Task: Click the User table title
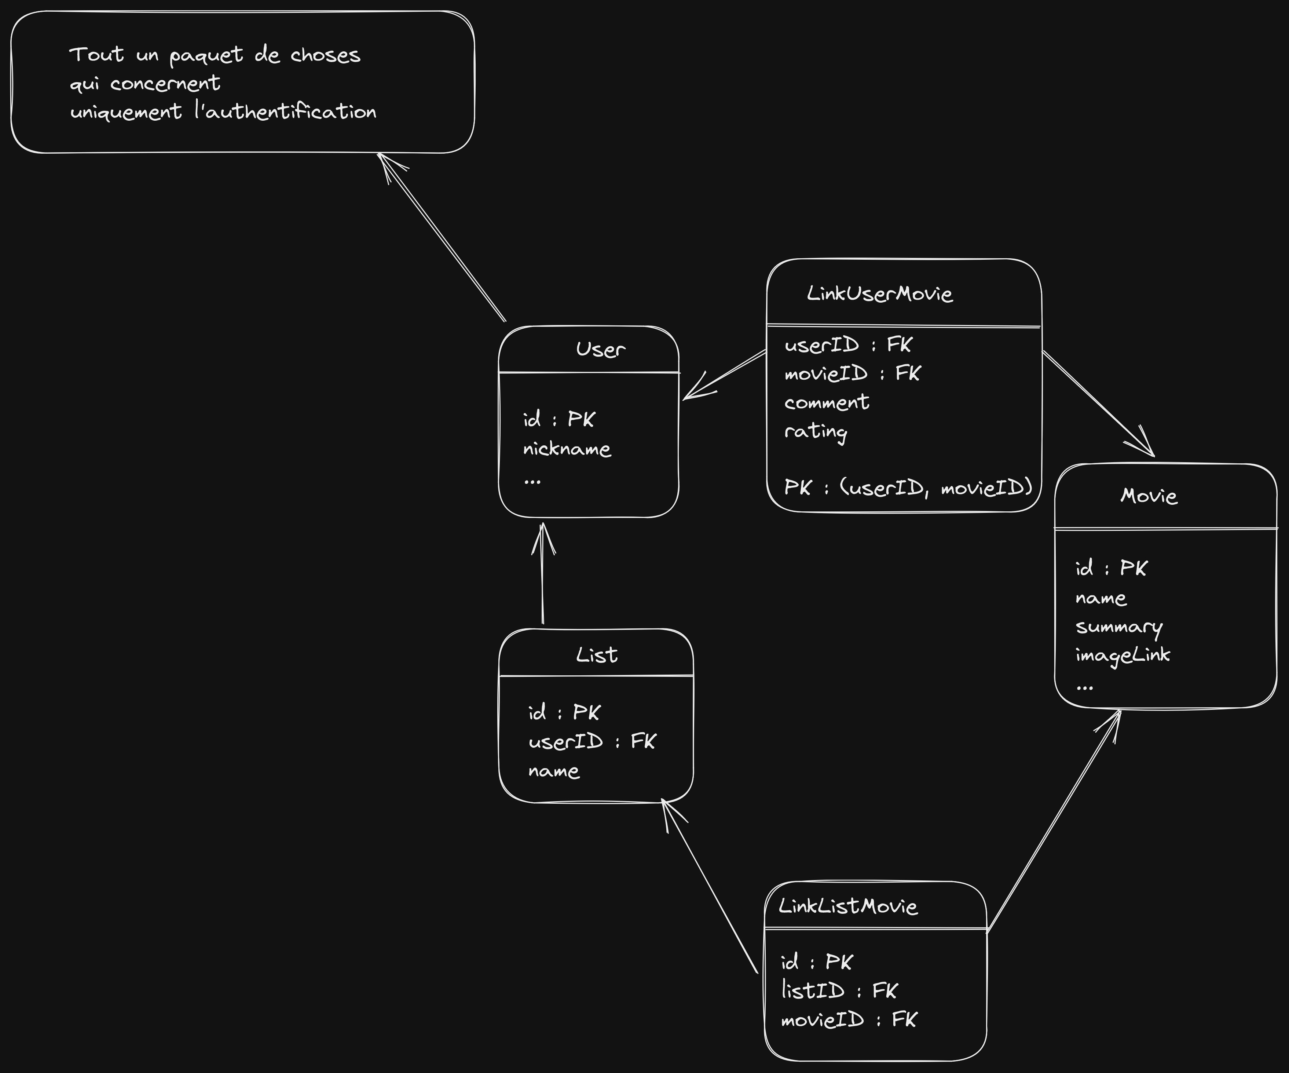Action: pos(600,349)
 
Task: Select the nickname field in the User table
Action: pos(567,449)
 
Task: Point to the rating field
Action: pos(816,431)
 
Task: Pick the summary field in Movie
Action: pos(1118,627)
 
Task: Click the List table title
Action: pos(597,655)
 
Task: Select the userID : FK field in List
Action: pos(592,741)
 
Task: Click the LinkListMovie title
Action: pos(848,906)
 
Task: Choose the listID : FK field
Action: pos(838,990)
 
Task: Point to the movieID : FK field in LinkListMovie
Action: pos(848,1019)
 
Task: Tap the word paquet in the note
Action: pos(206,55)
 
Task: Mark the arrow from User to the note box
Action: pos(442,236)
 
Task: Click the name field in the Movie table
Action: pos(1101,598)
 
